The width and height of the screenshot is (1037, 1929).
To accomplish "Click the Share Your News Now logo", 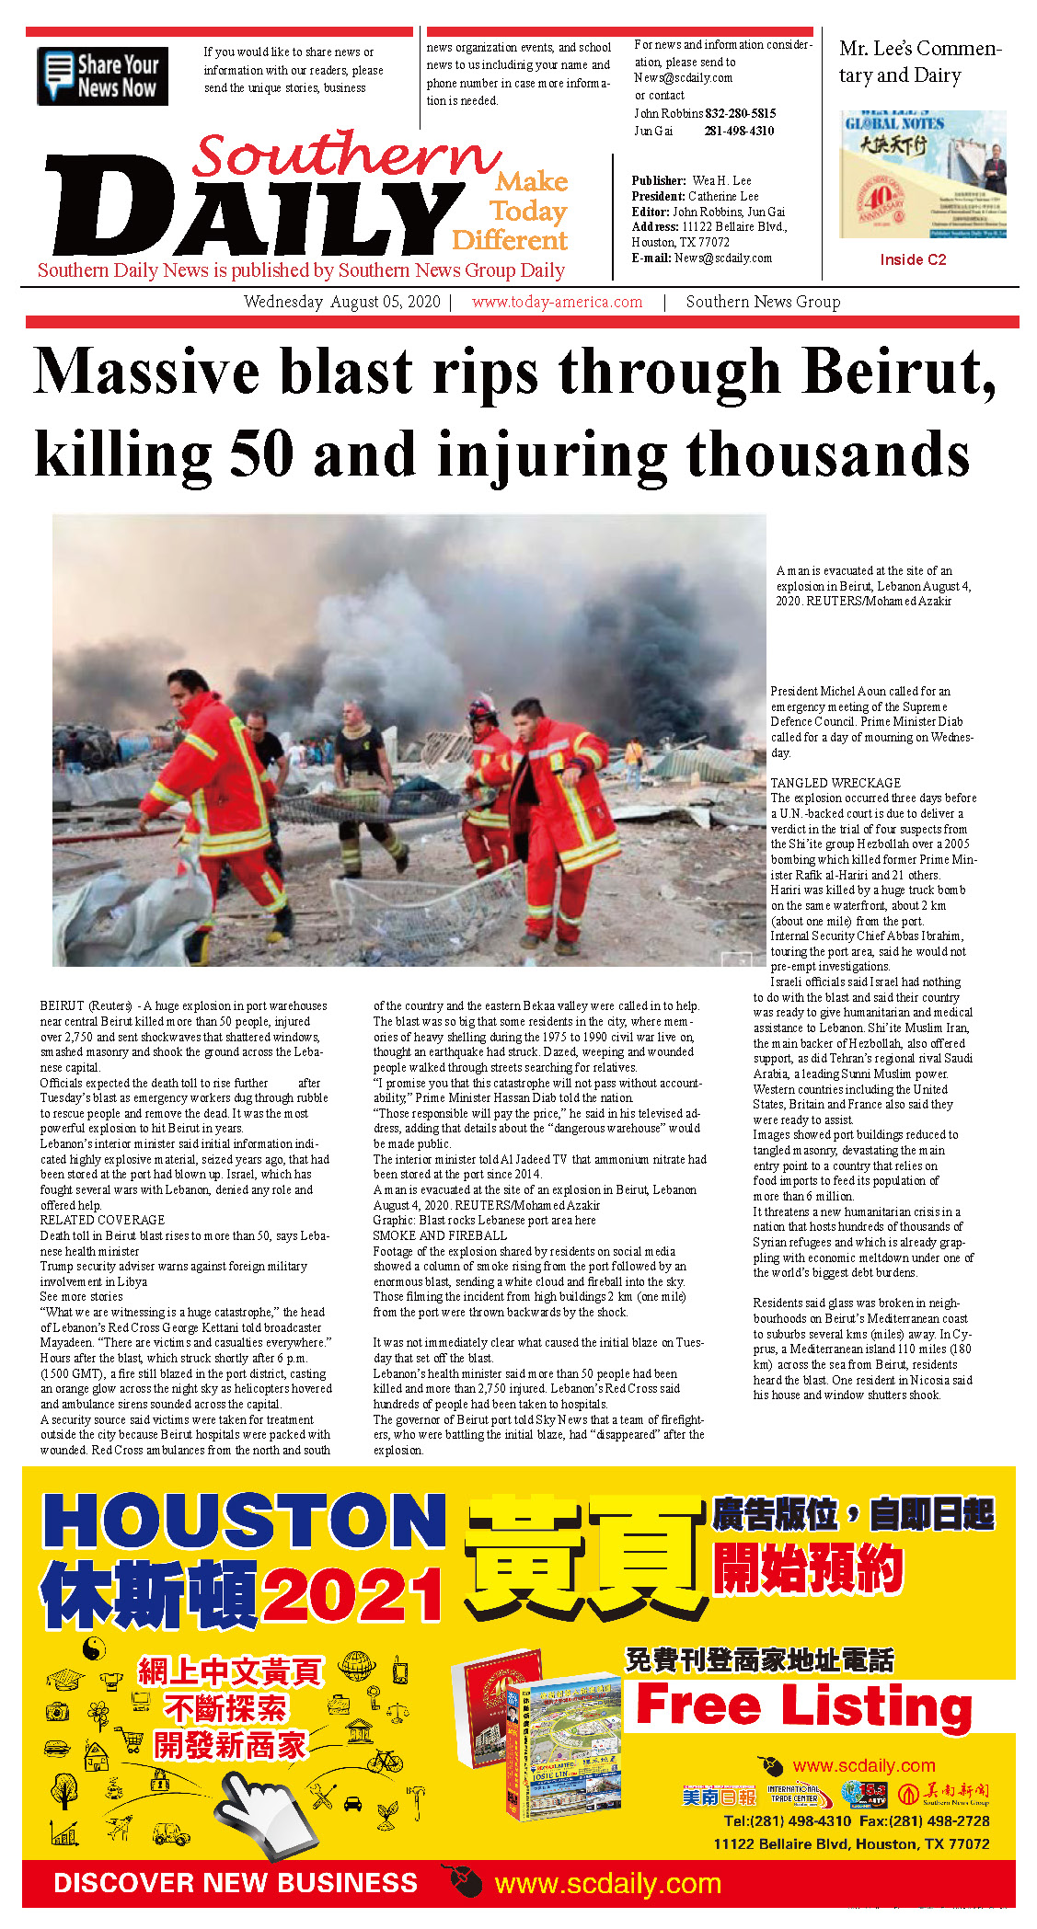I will coord(103,76).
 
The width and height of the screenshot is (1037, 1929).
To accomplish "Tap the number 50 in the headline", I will coord(261,454).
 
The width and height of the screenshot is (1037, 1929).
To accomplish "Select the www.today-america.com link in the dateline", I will coord(557,302).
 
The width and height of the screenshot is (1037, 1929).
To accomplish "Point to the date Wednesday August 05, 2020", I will coord(341,302).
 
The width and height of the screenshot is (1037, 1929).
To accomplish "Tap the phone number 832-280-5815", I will coord(741,113).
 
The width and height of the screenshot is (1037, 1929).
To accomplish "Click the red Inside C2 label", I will coord(913,259).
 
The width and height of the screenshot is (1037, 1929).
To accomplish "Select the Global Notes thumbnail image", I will coord(922,175).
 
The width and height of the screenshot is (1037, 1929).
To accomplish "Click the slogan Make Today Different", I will coord(511,212).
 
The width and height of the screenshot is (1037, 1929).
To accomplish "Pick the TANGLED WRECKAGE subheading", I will coord(835,783).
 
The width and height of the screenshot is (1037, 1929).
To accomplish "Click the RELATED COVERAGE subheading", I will coord(102,1220).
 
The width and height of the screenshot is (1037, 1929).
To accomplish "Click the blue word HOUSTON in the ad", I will coord(245,1521).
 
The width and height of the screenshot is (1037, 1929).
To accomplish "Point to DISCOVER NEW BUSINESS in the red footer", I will coord(236,1882).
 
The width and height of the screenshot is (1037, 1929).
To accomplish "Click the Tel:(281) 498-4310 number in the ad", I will coord(787,1820).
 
